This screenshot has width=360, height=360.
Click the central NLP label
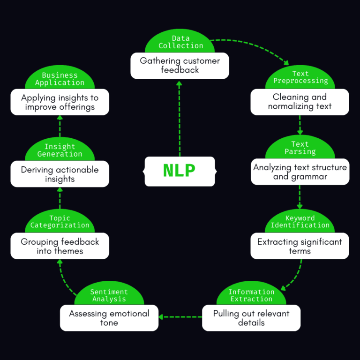tap(180, 171)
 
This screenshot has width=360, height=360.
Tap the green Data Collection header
tap(180, 42)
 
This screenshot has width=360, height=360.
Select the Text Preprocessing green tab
tap(300, 77)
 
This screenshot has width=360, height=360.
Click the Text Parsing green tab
tap(300, 148)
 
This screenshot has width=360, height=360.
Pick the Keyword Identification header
tap(300, 222)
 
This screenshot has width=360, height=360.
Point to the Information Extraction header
tap(251, 295)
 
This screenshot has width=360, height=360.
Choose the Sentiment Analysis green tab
tap(109, 295)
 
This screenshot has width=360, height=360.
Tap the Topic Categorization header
tap(60, 222)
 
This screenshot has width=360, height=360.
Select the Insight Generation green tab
tap(60, 150)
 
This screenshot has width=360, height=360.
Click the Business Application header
tap(60, 79)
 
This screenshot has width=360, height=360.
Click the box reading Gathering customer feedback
tap(180, 66)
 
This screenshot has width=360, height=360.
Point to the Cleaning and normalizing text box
tap(300, 102)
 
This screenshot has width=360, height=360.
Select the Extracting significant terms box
tap(300, 246)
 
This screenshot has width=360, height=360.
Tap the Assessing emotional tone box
tap(109, 318)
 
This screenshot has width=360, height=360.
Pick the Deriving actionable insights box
tap(60, 174)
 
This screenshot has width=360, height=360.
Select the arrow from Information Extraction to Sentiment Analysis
tap(180, 317)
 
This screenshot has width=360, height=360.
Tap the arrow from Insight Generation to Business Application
tap(60, 126)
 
